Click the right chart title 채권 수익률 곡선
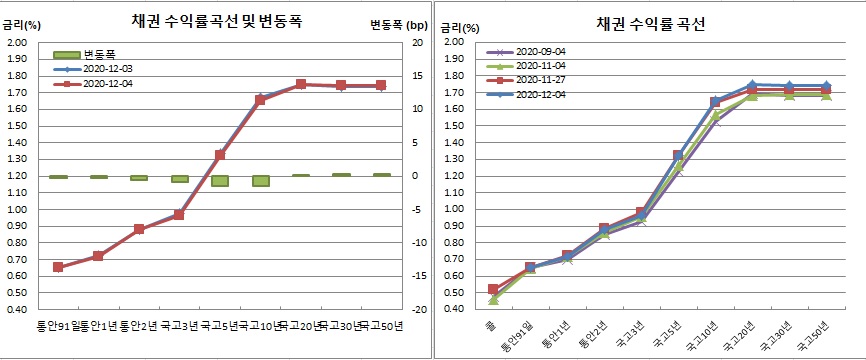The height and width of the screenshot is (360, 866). pos(650,21)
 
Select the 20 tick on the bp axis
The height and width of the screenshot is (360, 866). pos(417,42)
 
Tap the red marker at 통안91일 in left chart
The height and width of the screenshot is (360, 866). pos(58,267)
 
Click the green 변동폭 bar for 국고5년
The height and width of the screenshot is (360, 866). pos(220,181)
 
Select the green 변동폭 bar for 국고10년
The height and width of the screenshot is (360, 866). pos(261,181)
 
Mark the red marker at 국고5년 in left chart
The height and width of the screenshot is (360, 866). pos(220,155)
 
